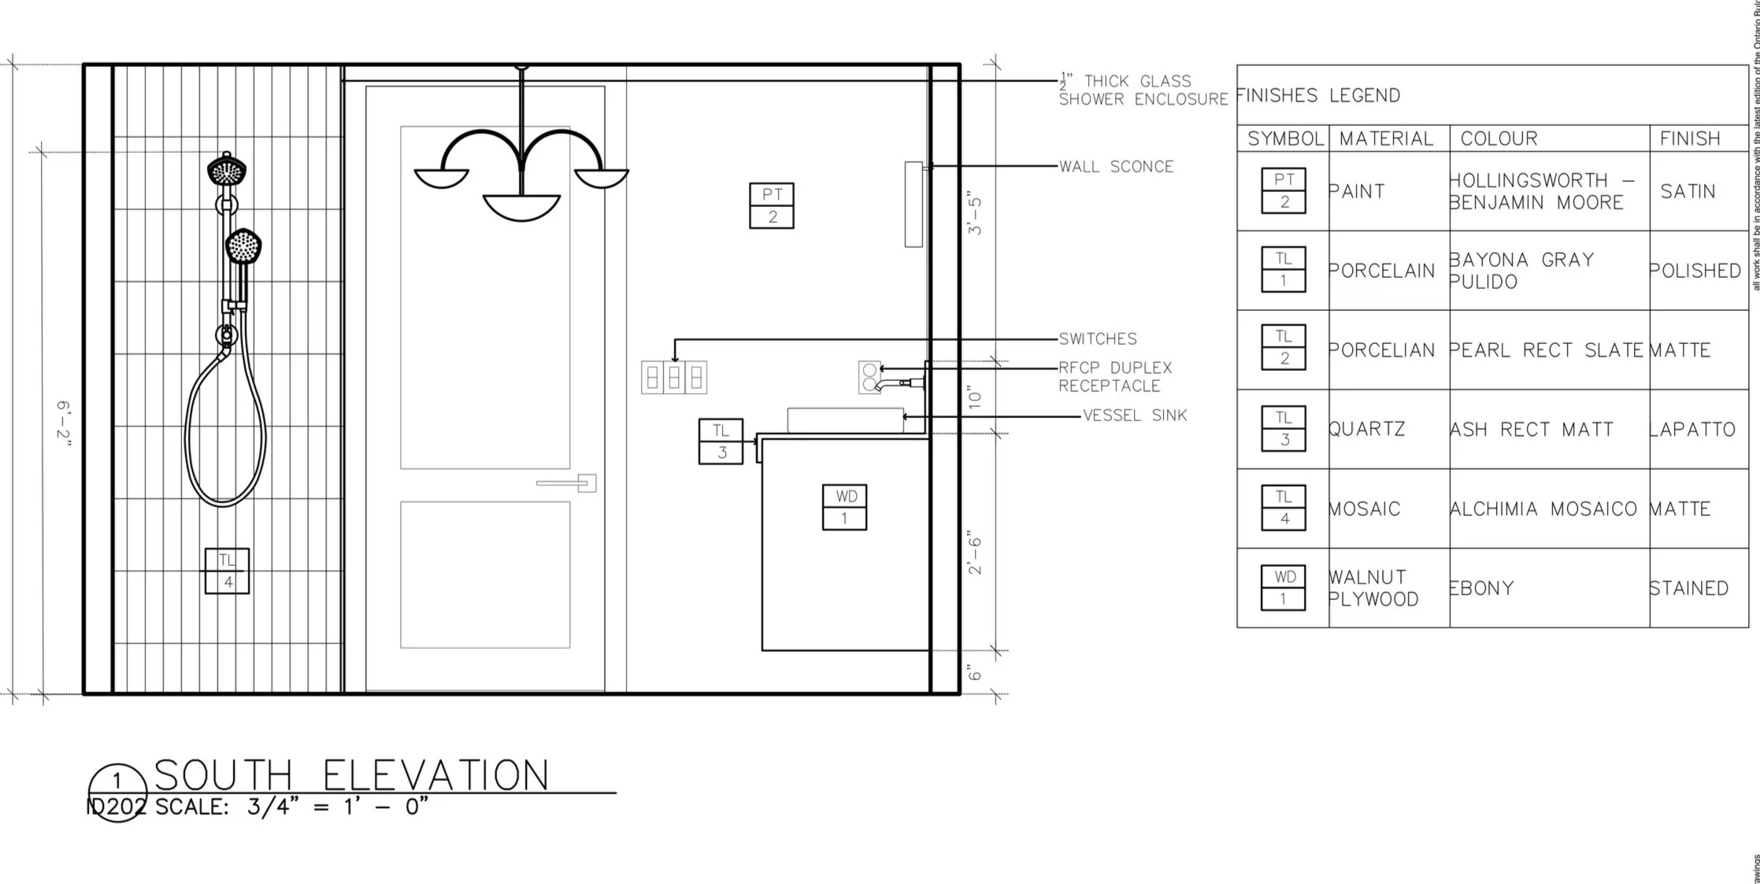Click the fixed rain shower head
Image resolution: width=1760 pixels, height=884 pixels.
tap(227, 169)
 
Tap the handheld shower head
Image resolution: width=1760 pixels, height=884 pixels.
tap(243, 246)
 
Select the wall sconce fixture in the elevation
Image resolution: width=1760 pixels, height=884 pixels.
tap(913, 205)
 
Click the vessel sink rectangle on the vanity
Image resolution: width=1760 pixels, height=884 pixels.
tap(845, 420)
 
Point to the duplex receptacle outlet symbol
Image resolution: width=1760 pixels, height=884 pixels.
tap(869, 377)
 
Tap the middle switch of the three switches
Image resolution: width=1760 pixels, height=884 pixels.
tap(674, 378)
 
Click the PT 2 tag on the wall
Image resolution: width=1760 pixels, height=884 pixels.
tap(772, 205)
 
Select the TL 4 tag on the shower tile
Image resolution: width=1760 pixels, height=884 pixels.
tap(227, 571)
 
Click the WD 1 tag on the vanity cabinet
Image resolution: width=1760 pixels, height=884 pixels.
tap(844, 507)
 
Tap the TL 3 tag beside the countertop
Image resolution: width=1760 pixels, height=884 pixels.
tap(721, 441)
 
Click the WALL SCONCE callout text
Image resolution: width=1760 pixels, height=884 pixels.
tap(1116, 167)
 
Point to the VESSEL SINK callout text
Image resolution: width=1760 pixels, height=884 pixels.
tap(1135, 416)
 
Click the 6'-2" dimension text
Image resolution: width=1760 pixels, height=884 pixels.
tap(65, 423)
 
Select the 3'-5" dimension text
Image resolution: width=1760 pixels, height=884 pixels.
tap(975, 215)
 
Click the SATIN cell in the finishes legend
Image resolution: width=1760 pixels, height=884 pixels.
tap(1688, 191)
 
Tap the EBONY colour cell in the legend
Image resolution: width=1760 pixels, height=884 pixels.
tap(1482, 588)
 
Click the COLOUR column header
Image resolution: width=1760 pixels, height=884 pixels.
tap(1499, 139)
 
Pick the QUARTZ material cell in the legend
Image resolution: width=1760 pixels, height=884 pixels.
tap(1366, 429)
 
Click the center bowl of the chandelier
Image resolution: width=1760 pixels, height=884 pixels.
tap(521, 206)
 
